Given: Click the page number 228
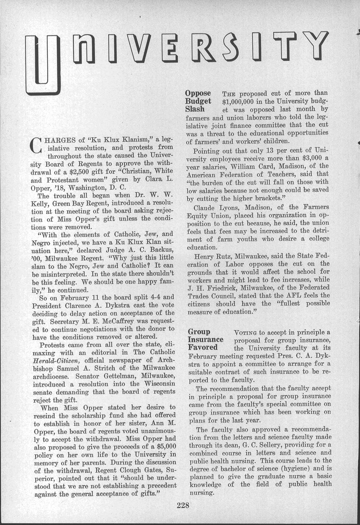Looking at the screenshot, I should coord(183,505).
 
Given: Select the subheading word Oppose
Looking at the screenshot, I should coord(198,93).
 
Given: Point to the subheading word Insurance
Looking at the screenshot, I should coord(206,339).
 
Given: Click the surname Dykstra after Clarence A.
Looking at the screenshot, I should coord(122,305).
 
